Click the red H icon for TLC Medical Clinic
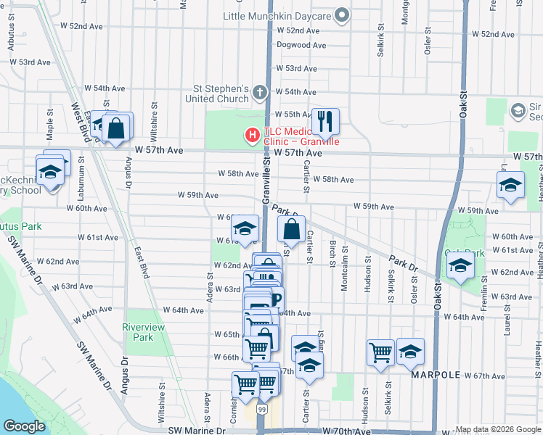click(252, 135)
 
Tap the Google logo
click(24, 426)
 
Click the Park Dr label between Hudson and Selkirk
click(403, 262)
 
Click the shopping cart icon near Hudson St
click(381, 352)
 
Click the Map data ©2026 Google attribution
click(498, 429)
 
